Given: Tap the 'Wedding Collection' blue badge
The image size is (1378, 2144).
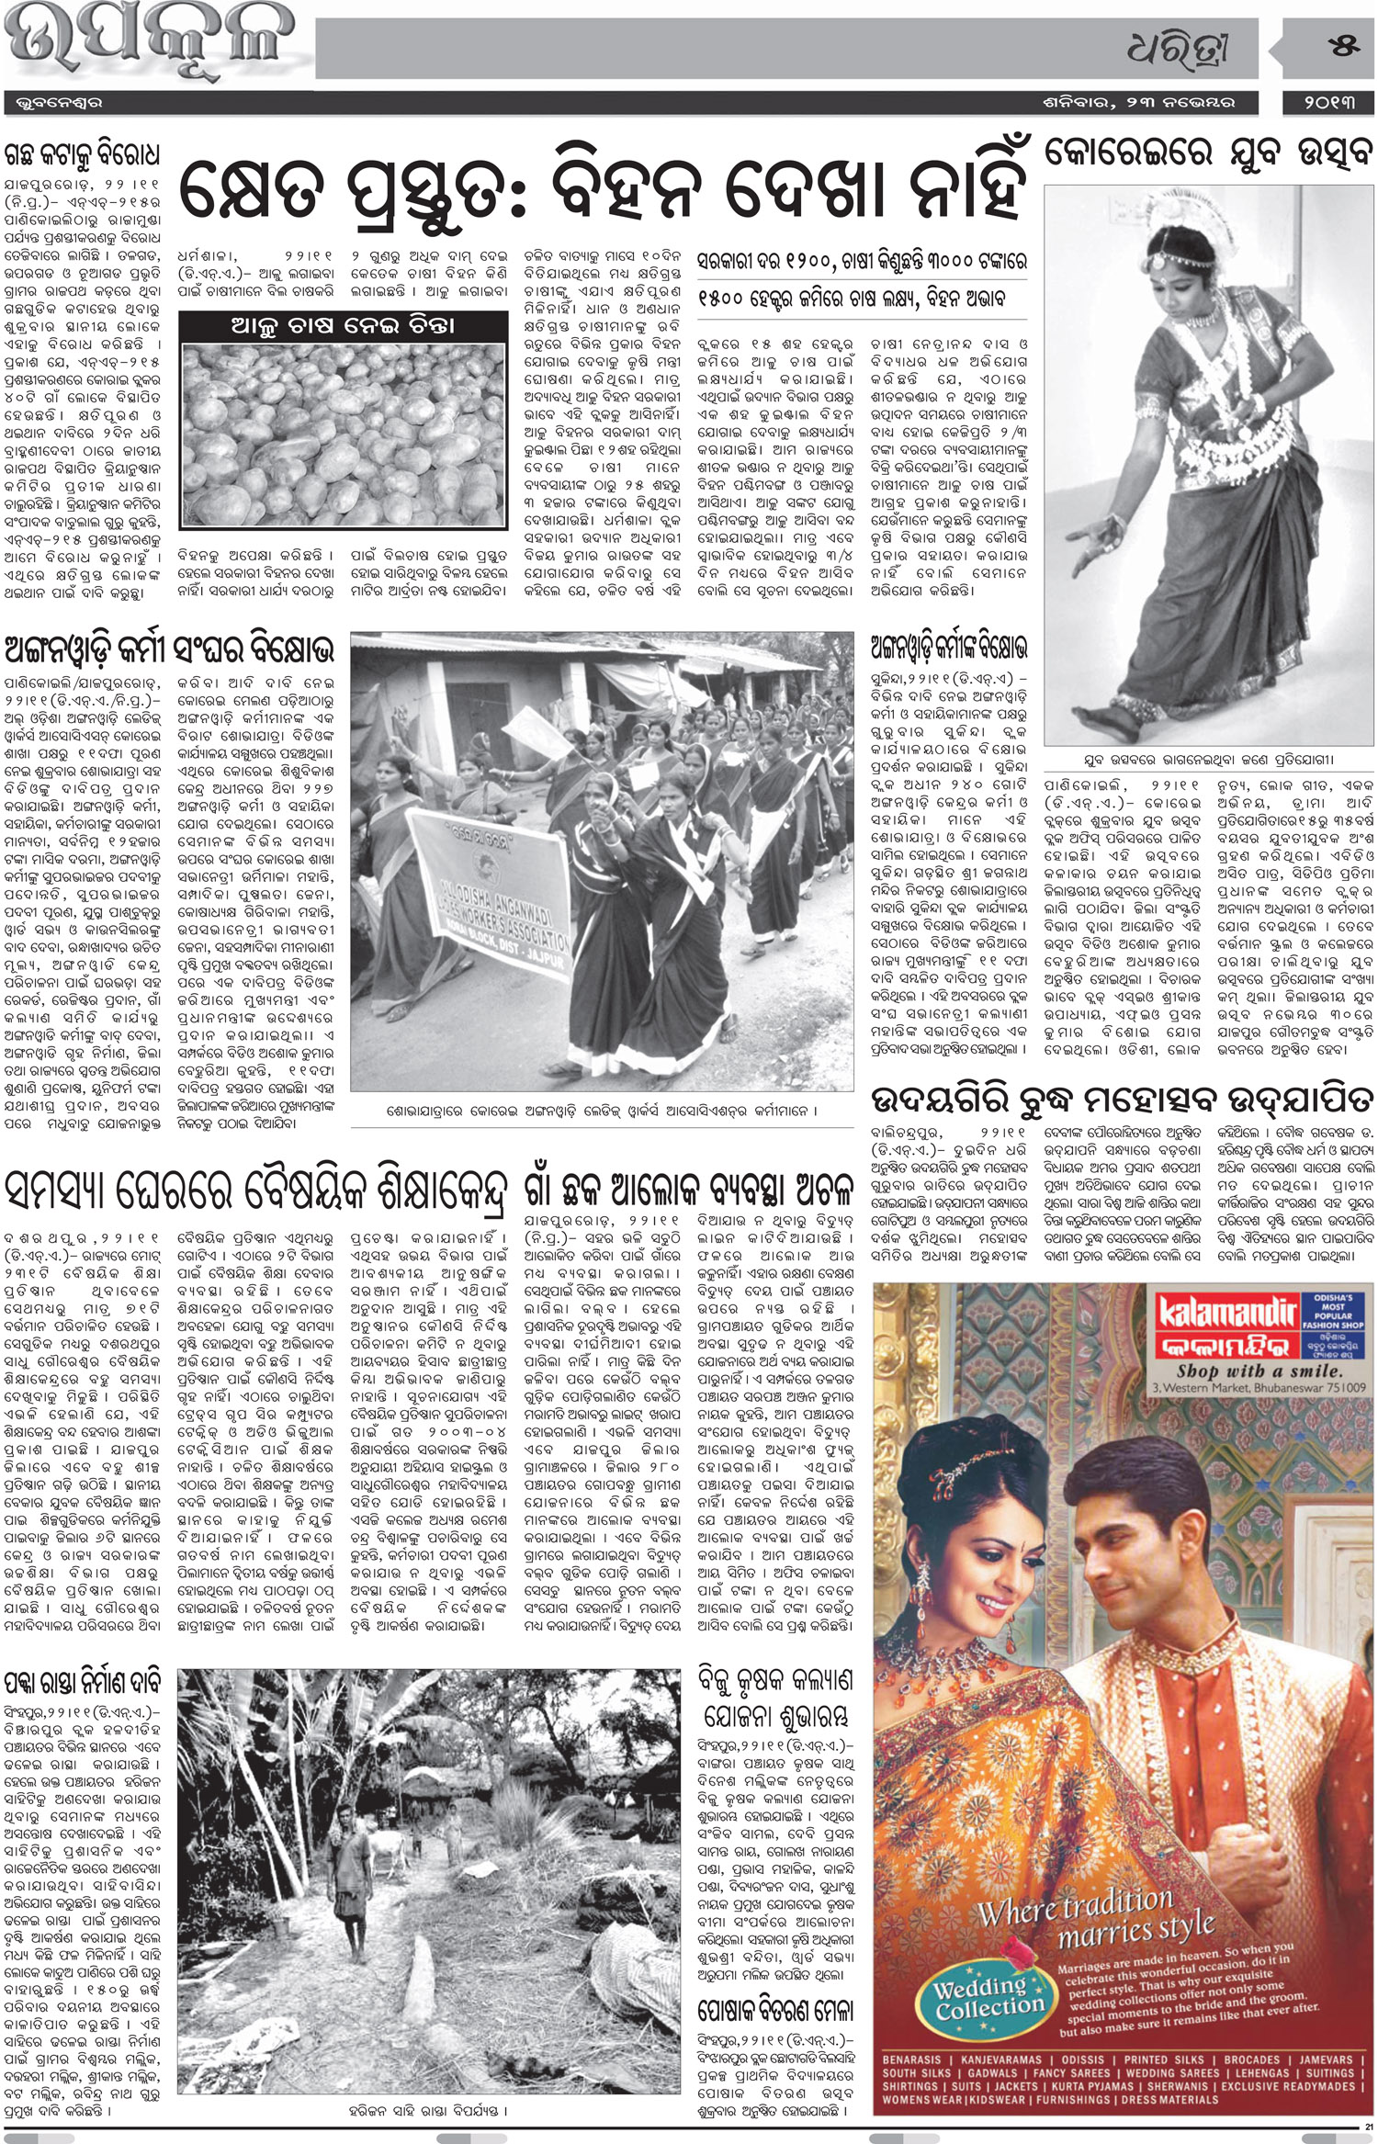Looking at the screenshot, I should pos(980,1997).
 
